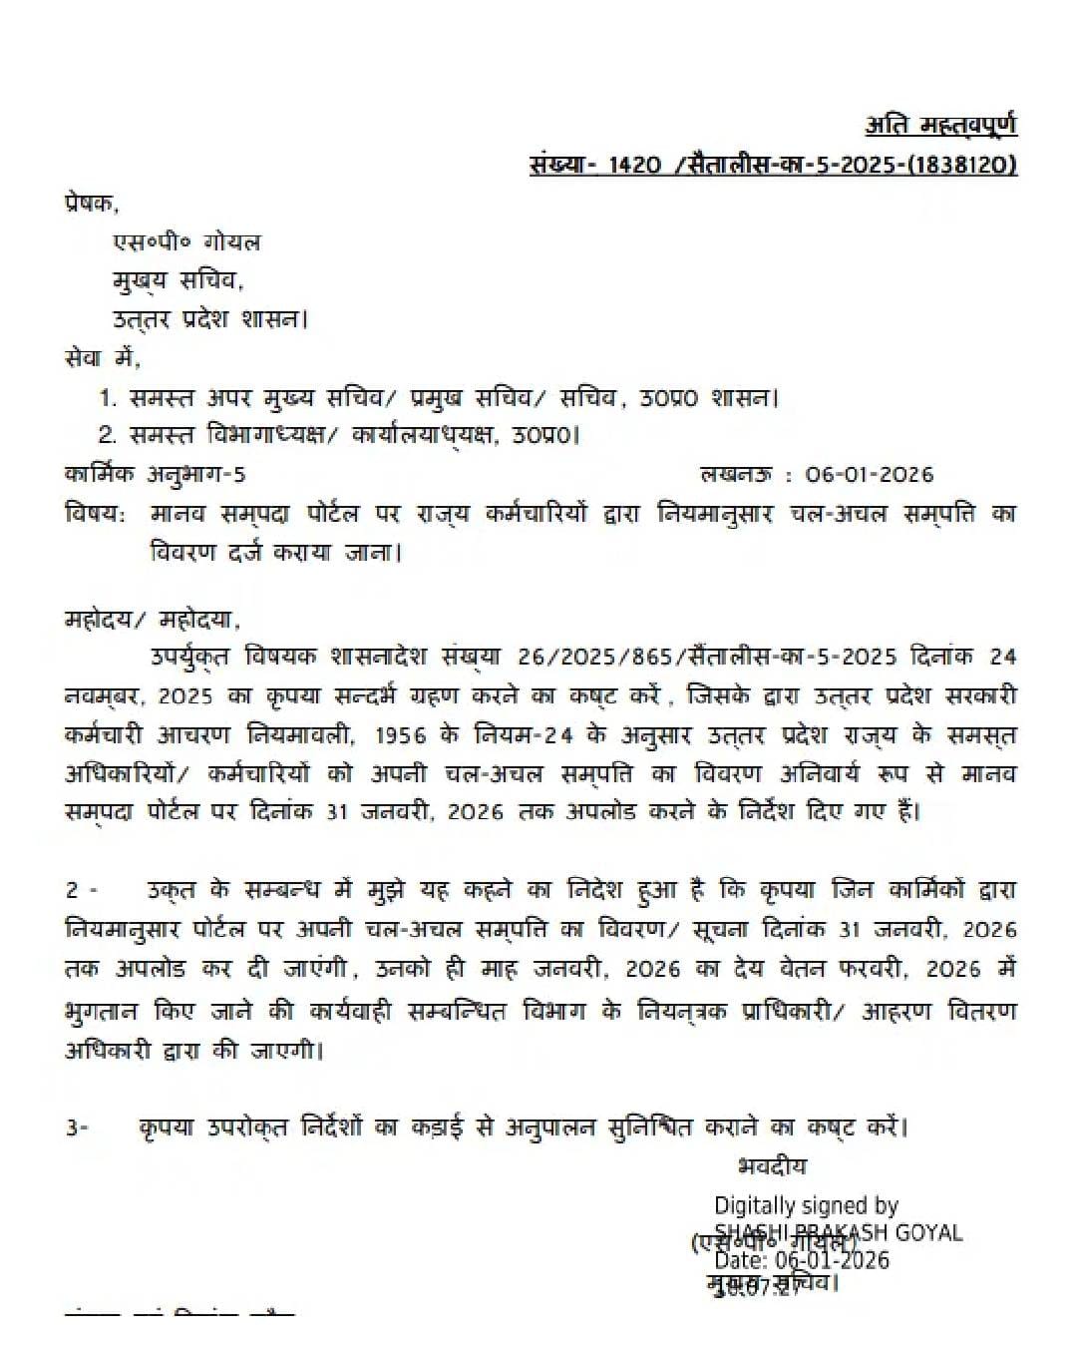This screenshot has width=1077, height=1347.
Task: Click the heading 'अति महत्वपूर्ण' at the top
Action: click(x=940, y=126)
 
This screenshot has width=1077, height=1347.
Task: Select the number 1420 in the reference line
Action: click(x=633, y=165)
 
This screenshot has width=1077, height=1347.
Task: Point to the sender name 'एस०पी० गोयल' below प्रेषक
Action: click(x=185, y=242)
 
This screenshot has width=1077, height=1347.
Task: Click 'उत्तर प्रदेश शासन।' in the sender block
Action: click(x=209, y=320)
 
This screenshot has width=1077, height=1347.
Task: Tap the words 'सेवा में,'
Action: click(x=103, y=357)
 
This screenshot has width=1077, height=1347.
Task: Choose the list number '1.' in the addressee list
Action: click(x=108, y=398)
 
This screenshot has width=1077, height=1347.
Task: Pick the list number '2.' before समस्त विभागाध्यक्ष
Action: click(x=108, y=436)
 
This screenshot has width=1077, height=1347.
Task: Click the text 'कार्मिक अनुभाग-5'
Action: click(x=155, y=475)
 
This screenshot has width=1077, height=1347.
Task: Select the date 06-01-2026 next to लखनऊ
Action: click(x=870, y=475)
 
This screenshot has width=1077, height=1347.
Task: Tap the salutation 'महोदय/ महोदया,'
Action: click(x=153, y=620)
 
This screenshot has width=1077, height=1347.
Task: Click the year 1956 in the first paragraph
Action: click(x=403, y=735)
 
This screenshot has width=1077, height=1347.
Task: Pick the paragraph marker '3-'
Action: click(x=77, y=1128)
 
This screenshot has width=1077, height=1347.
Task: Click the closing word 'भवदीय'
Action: click(x=772, y=1166)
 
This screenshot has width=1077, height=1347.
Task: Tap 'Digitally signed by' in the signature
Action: click(x=807, y=1206)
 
